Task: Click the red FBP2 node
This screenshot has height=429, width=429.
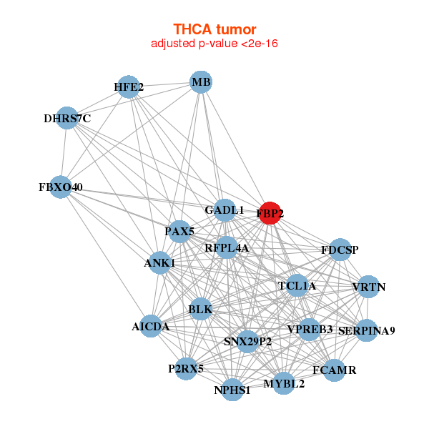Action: click(x=270, y=213)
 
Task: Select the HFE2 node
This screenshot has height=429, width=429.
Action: click(x=128, y=87)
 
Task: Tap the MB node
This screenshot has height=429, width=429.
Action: click(x=201, y=82)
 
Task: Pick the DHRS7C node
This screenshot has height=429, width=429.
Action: click(x=67, y=118)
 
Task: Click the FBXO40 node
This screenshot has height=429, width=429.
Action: click(x=61, y=187)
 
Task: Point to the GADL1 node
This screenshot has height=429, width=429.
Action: click(x=225, y=210)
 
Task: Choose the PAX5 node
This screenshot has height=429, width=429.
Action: click(x=179, y=231)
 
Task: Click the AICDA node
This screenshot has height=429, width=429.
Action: click(x=151, y=326)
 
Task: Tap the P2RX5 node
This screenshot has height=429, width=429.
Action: click(x=186, y=369)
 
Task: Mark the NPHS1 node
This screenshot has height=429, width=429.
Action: click(x=232, y=390)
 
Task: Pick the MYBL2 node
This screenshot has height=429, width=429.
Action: click(x=284, y=383)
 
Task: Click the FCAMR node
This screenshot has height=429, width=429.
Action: click(x=334, y=370)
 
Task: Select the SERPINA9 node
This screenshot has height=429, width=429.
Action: click(x=366, y=330)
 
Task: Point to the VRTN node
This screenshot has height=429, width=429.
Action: click(x=368, y=287)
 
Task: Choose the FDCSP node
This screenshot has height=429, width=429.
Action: click(x=340, y=250)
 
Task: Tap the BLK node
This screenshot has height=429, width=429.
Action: click(x=200, y=309)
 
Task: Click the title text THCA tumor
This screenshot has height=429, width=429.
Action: click(x=214, y=29)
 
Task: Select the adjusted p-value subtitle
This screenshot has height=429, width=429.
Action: click(x=214, y=44)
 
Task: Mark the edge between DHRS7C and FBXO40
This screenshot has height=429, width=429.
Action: click(x=64, y=152)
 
